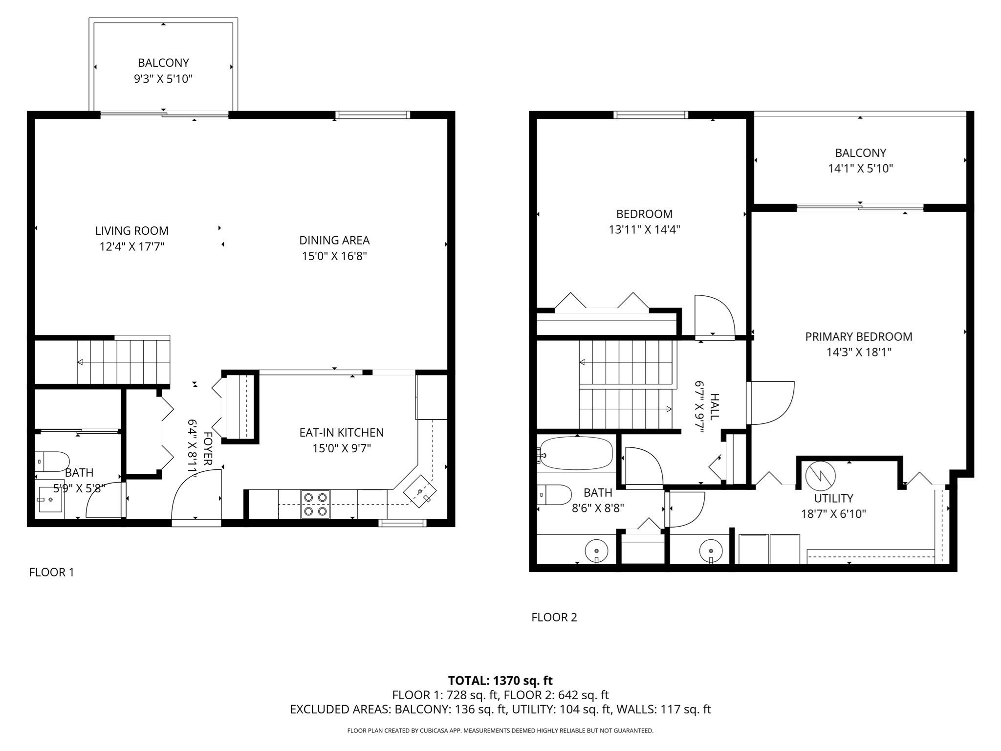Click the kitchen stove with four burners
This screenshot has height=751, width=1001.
tap(315, 504)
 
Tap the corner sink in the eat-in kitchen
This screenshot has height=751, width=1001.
tap(420, 491)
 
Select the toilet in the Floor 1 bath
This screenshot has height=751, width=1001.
tap(52, 461)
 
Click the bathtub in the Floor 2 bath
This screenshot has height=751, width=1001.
tap(575, 453)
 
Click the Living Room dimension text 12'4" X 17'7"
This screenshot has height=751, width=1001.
tap(132, 246)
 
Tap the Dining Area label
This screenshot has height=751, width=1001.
tap(334, 240)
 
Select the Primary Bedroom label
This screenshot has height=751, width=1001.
tap(858, 336)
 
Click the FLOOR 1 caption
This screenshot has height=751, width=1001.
tap(51, 572)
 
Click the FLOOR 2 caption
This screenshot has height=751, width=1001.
tap(554, 617)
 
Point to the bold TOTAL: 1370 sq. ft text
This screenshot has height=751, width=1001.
tap(500, 680)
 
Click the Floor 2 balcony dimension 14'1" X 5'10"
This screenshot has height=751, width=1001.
tap(860, 169)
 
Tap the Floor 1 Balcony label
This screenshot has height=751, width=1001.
tap(163, 63)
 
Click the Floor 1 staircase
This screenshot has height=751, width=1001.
tap(123, 362)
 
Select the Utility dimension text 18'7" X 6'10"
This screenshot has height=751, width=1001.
tap(833, 514)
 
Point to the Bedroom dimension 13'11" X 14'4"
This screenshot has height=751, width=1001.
tap(644, 229)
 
